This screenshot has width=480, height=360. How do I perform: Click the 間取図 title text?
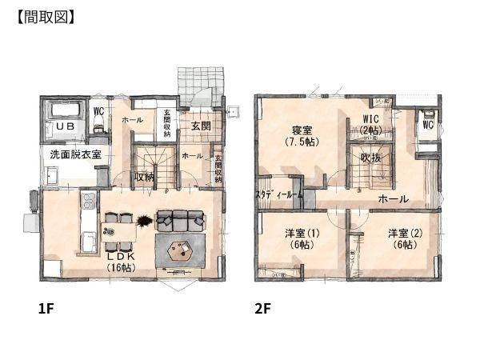pyautogui.click(x=46, y=17)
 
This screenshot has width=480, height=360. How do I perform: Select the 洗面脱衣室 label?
pyautogui.click(x=75, y=154)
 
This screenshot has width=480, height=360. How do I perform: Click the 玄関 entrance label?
pyautogui.click(x=200, y=126)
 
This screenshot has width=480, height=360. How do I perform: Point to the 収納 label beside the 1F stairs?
pyautogui.click(x=144, y=178)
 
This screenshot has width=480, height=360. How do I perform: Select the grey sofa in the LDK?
pyautogui.click(x=182, y=218)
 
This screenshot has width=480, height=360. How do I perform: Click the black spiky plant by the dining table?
pyautogui.click(x=142, y=220)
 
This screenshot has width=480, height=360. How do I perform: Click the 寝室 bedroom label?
pyautogui.click(x=301, y=127)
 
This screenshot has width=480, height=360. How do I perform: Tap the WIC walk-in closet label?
pyautogui.click(x=370, y=120)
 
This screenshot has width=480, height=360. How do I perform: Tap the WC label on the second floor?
pyautogui.click(x=427, y=126)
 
